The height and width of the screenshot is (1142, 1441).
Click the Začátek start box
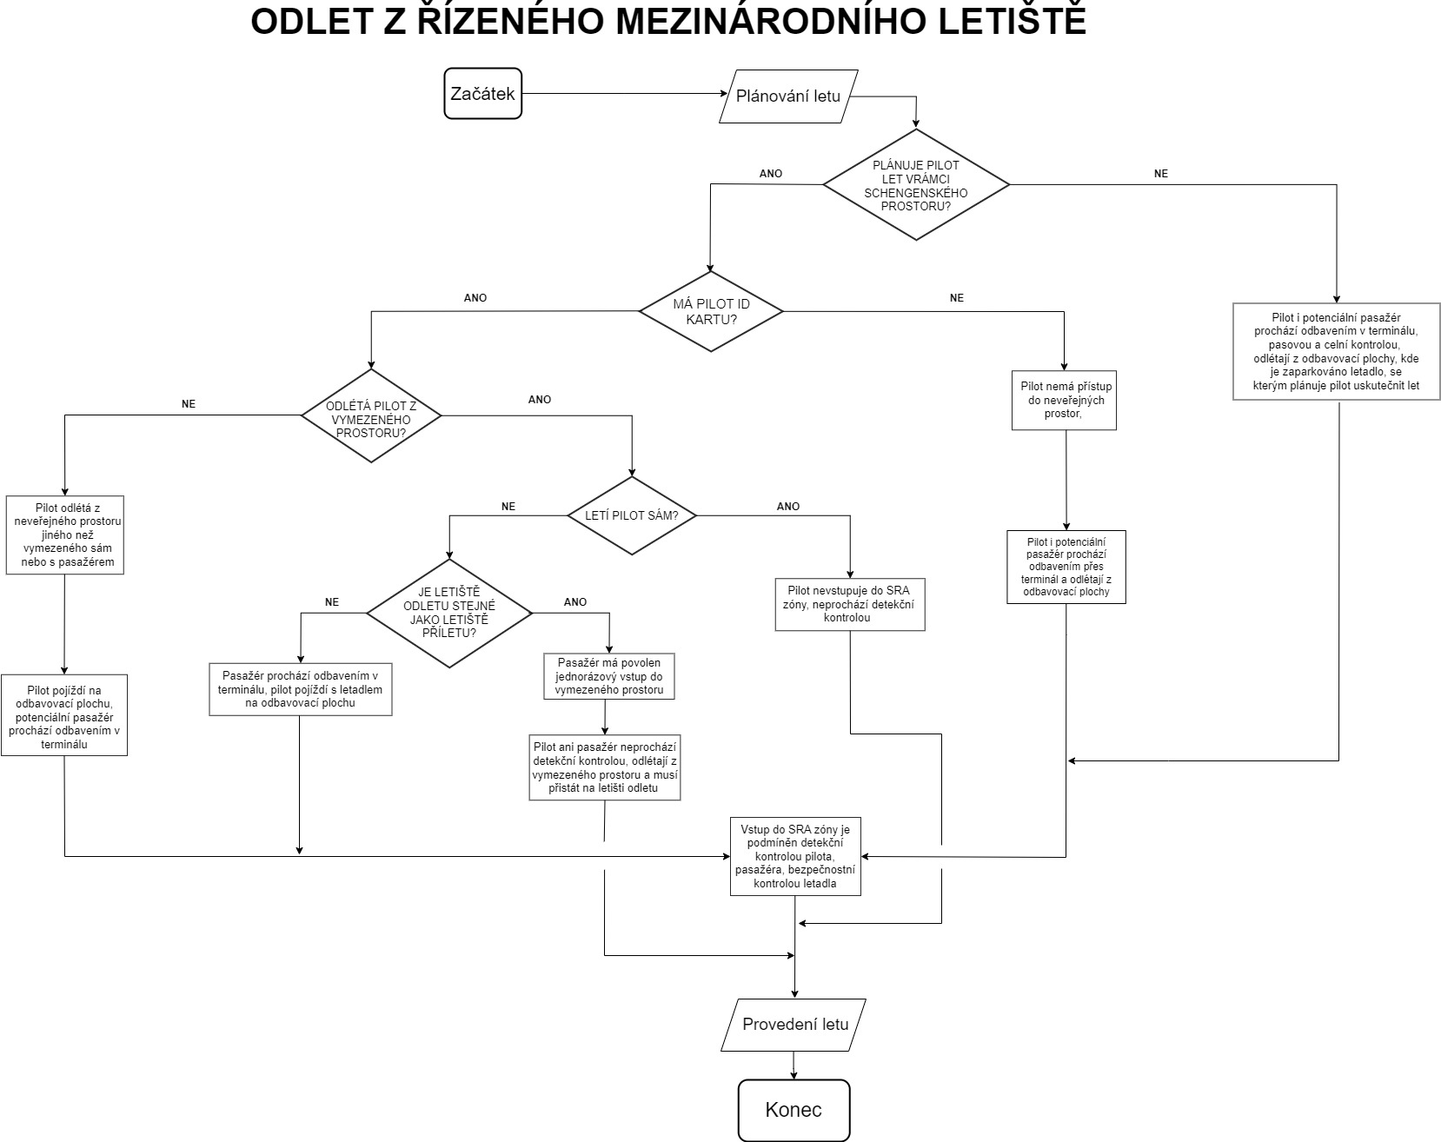coord(482,94)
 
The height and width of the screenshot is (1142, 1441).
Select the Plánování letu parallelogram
coord(788,96)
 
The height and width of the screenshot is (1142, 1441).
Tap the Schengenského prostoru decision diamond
coord(916,185)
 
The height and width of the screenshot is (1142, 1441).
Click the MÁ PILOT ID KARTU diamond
coord(711,311)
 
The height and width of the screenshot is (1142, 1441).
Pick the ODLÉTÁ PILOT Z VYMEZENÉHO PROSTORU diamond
coord(371,415)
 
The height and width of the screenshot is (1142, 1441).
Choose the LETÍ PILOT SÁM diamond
coord(632,515)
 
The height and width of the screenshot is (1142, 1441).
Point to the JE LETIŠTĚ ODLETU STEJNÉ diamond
coord(448,613)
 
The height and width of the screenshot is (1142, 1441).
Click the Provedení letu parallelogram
coord(794,1024)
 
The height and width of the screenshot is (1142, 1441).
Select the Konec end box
coord(794,1110)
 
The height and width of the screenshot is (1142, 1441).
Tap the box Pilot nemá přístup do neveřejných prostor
coord(1065,400)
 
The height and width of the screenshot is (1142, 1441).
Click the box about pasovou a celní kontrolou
coord(1336,351)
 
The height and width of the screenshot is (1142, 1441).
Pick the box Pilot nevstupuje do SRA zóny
coord(849,604)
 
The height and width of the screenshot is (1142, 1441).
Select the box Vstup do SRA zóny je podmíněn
coord(795,856)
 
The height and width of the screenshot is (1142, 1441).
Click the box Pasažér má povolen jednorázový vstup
coord(609,676)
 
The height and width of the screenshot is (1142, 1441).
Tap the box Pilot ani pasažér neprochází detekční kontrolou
coord(605,767)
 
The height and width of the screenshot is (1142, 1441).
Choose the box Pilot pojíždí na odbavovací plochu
coord(64,714)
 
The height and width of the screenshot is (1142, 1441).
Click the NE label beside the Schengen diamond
coord(1160,174)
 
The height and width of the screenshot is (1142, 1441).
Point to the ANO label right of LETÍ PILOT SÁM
coord(788,507)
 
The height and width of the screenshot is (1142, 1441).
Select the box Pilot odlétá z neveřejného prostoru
coord(65,534)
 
